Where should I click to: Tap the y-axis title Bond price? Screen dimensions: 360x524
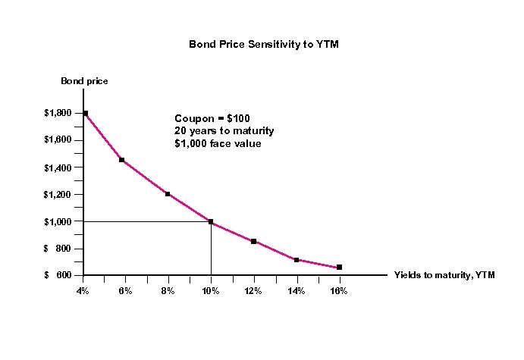point(84,81)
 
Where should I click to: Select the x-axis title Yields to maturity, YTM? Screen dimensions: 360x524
point(444,275)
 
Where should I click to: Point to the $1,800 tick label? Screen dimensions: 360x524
point(58,113)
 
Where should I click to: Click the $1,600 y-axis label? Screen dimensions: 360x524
point(58,140)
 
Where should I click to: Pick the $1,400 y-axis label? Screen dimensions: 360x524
point(58,167)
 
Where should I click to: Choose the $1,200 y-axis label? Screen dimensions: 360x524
point(58,195)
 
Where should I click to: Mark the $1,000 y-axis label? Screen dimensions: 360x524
point(58,222)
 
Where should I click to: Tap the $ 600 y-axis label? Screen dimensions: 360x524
point(58,276)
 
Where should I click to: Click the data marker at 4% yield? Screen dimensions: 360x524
point(86,114)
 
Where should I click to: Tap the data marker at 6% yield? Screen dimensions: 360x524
point(121,160)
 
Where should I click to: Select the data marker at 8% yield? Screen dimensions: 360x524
point(168,194)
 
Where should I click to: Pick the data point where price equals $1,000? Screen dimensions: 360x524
point(211,222)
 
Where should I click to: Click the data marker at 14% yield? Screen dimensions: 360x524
point(297,260)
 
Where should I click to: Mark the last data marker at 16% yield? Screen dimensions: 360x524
point(339,267)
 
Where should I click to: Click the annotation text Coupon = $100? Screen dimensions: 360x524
point(212,119)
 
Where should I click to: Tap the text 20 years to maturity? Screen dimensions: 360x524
point(224,131)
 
